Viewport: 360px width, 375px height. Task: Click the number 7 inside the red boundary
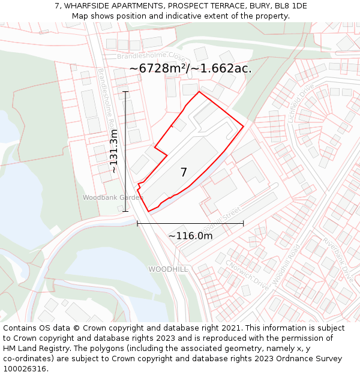point(184,172)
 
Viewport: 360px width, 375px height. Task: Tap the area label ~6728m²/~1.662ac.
point(190,68)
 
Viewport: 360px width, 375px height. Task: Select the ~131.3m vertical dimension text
point(113,151)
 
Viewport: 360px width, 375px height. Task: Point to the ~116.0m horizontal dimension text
point(190,236)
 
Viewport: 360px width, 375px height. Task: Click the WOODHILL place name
point(168,269)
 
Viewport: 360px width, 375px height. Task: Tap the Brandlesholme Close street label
point(146,56)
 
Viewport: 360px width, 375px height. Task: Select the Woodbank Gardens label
point(113,197)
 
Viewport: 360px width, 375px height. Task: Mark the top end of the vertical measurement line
point(125,91)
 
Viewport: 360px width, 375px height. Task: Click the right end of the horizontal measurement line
point(243,223)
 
